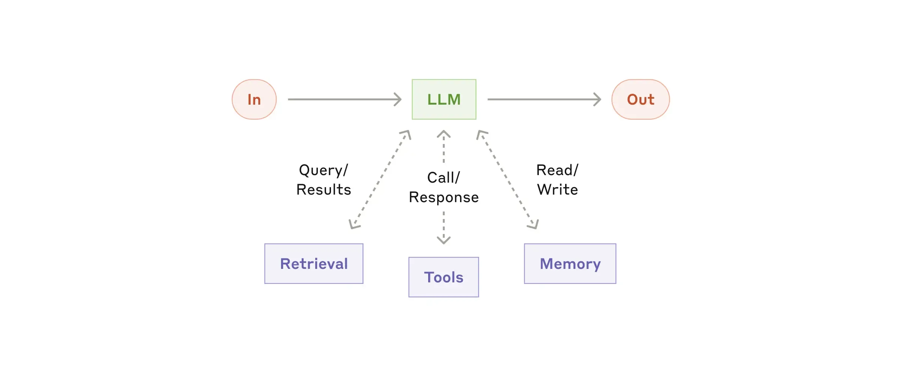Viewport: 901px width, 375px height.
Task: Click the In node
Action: tap(254, 99)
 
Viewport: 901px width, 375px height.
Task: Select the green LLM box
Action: tap(444, 99)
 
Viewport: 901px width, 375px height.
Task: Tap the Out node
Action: tap(641, 99)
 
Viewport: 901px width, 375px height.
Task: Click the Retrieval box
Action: tap(314, 264)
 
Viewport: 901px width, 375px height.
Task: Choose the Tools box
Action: tap(444, 277)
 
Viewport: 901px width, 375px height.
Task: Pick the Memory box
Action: tap(570, 264)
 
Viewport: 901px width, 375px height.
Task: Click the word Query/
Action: tap(323, 170)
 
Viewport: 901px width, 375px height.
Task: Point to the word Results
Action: tap(323, 190)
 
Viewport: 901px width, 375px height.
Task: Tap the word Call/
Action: tap(444, 178)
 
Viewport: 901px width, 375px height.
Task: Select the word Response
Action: tap(444, 197)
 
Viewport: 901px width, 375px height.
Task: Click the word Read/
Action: tap(557, 170)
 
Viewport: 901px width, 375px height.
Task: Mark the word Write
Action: tap(557, 190)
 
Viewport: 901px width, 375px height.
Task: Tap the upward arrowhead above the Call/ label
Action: tap(444, 133)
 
